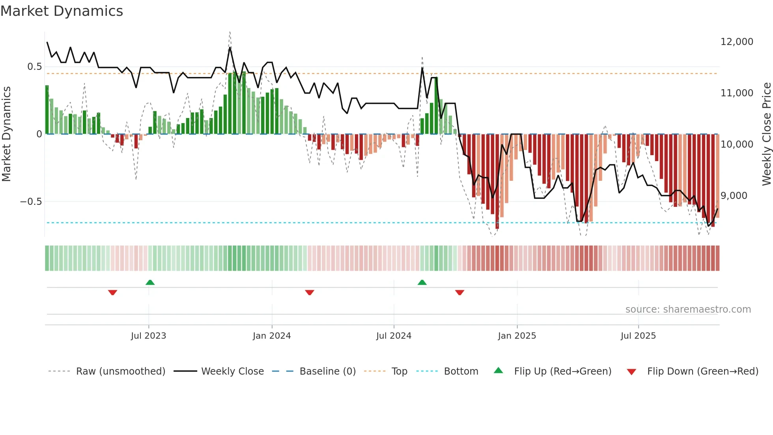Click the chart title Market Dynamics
pyautogui.click(x=62, y=11)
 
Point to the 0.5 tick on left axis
pyautogui.click(x=34, y=67)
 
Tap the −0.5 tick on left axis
pyautogui.click(x=31, y=202)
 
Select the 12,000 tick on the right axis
pyautogui.click(x=737, y=42)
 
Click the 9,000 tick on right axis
pyautogui.click(x=734, y=196)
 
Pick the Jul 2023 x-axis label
pyautogui.click(x=148, y=336)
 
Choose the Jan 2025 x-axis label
pyautogui.click(x=517, y=336)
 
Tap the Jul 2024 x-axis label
pyautogui.click(x=394, y=336)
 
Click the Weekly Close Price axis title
pyautogui.click(x=766, y=134)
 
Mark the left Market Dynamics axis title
pyautogui.click(x=6, y=134)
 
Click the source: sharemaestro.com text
pyautogui.click(x=688, y=309)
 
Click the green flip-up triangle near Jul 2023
pyautogui.click(x=150, y=282)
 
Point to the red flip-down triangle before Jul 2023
pyautogui.click(x=112, y=292)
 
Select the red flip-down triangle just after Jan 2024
pyautogui.click(x=310, y=292)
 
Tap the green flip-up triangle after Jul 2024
pyautogui.click(x=422, y=282)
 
